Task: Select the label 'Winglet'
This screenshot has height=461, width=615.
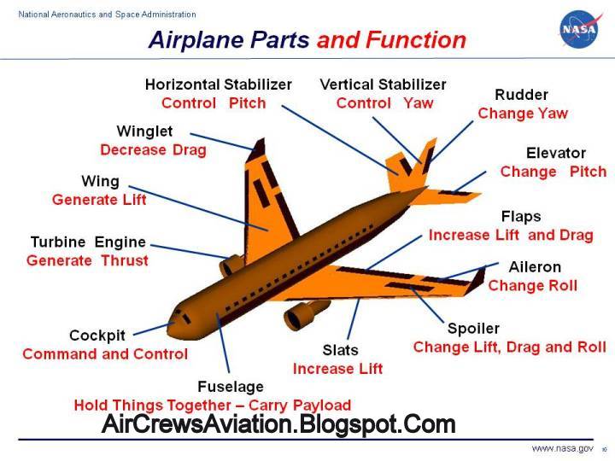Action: [144, 131]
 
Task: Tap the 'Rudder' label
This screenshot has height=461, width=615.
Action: [521, 95]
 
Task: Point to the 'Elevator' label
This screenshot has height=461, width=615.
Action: [555, 153]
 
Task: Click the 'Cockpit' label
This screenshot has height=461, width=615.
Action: [98, 336]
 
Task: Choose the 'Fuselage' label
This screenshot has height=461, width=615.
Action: [230, 387]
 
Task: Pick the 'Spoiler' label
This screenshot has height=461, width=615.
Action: [473, 329]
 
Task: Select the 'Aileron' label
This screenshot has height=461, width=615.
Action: [535, 267]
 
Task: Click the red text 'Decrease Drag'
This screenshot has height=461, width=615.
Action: [153, 150]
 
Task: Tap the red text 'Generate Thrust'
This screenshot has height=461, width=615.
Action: [87, 260]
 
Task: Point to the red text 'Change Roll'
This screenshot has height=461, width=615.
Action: [532, 286]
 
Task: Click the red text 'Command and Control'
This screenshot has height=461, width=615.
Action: [105, 353]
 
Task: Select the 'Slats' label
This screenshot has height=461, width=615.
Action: [340, 350]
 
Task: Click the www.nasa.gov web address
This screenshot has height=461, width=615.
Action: [562, 448]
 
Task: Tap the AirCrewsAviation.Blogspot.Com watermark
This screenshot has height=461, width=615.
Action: [279, 423]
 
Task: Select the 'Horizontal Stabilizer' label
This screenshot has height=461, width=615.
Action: [218, 85]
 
